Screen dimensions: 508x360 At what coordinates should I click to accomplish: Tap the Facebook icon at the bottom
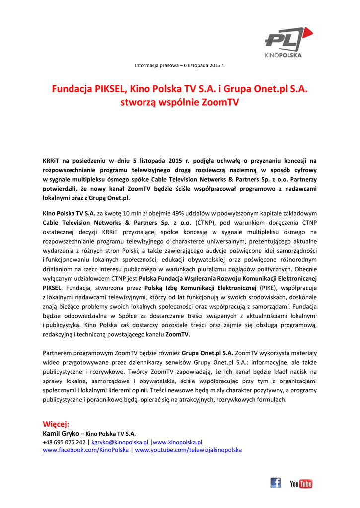click(x=276, y=483)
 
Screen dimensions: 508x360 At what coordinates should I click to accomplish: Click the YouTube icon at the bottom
click(x=301, y=483)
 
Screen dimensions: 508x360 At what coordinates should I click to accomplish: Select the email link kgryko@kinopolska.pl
click(x=120, y=442)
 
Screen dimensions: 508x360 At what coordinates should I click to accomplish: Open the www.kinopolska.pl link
click(x=177, y=442)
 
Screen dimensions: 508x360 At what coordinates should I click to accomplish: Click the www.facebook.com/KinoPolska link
click(x=86, y=450)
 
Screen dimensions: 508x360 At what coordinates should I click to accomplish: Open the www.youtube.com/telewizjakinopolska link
click(x=188, y=450)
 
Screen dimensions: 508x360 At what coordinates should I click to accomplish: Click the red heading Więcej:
click(x=56, y=424)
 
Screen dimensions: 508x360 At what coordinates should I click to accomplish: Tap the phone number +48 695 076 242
click(x=64, y=442)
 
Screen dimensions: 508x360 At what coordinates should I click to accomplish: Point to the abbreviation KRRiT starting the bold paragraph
click(x=51, y=161)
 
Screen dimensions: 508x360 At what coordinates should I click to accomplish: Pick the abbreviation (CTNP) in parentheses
click(x=205, y=222)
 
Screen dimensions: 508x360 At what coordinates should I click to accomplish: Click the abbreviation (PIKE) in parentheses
click(x=268, y=287)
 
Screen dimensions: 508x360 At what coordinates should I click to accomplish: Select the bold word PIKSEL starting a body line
click(x=52, y=287)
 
